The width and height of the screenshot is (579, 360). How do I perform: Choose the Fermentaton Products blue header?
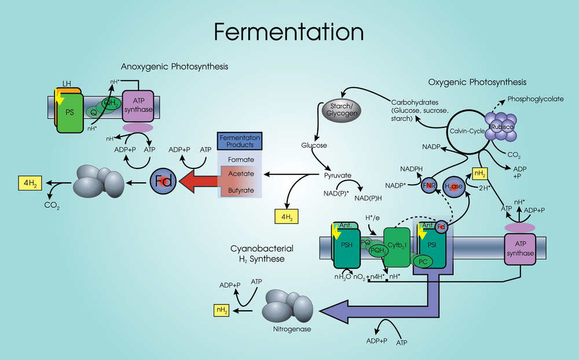point(240,141)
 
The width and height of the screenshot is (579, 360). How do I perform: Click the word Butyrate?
point(240,190)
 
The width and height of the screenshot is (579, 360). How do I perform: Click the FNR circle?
point(429,186)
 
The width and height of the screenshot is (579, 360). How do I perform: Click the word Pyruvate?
point(339,174)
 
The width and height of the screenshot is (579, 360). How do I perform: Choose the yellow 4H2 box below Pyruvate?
point(286,217)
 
